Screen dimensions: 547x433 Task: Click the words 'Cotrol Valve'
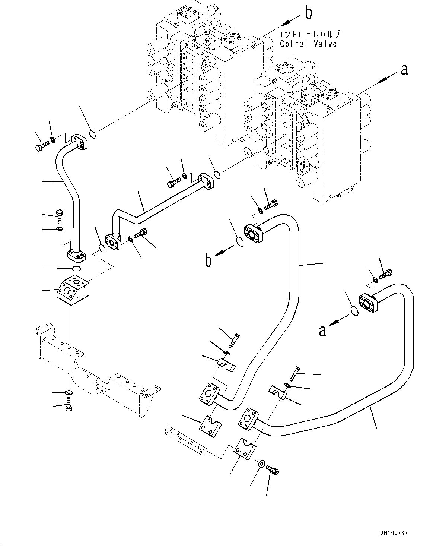coord(308,44)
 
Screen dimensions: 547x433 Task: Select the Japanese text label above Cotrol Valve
coord(308,35)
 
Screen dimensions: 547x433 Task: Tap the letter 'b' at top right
coord(308,13)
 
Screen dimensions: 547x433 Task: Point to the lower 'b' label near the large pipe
coord(208,260)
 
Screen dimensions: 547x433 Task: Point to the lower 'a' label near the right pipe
coord(323,330)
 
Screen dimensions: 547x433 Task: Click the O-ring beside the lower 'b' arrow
coord(240,242)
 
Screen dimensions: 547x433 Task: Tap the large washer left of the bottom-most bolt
coord(261,464)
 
